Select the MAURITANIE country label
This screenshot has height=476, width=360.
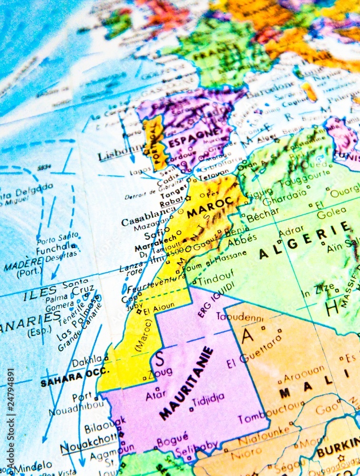pos(186,384)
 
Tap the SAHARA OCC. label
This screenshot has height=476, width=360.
pos(68,379)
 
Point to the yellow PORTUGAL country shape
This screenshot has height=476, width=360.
pos(155,142)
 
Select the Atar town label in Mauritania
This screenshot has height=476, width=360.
pos(156,395)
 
